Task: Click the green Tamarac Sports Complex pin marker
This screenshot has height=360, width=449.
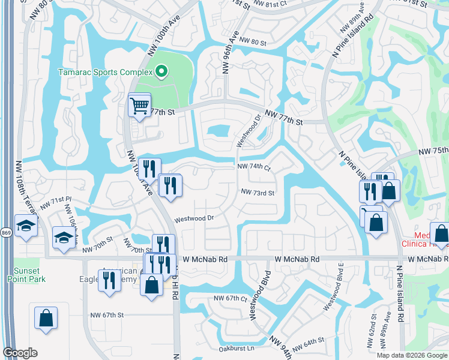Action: (161, 72)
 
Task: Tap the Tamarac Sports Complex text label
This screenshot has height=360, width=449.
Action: (104, 72)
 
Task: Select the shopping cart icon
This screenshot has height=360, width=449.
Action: (139, 106)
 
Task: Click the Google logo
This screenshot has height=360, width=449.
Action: (20, 353)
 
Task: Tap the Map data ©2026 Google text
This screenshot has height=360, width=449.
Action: (411, 355)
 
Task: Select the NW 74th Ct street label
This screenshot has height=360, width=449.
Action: (254, 167)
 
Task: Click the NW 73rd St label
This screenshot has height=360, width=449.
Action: (258, 193)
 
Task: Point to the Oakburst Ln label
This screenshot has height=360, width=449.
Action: (237, 348)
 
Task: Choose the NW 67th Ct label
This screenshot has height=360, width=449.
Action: (231, 298)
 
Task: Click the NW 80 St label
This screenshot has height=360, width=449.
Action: (252, 41)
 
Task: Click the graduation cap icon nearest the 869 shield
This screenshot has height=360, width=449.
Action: (26, 226)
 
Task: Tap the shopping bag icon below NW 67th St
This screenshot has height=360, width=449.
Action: (46, 318)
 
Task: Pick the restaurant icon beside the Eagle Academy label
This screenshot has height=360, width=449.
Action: (109, 280)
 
